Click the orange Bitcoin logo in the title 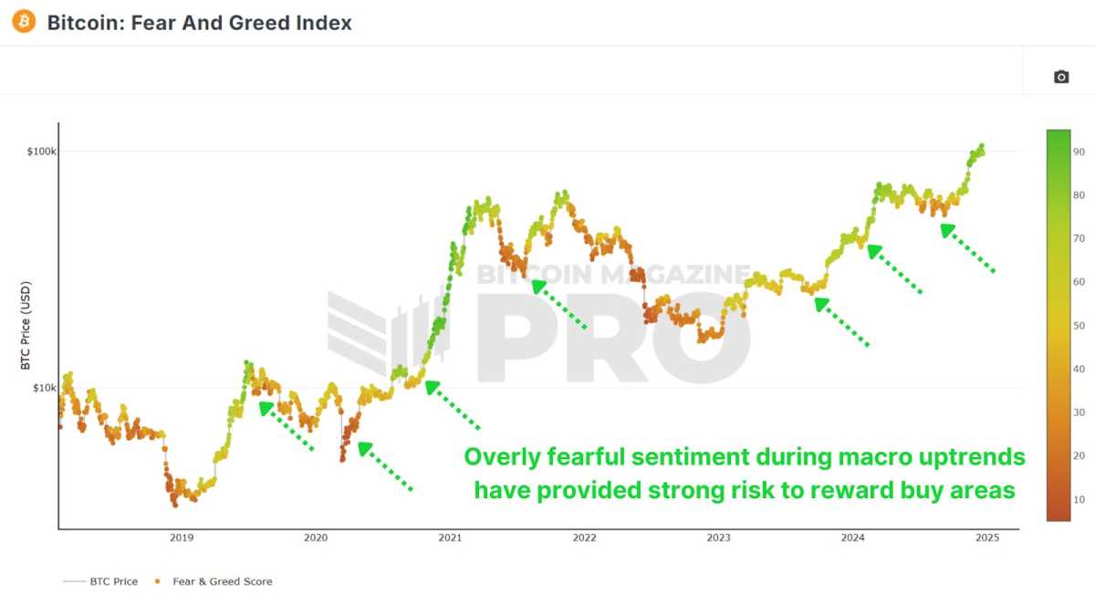point(24,22)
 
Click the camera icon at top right point(1060,77)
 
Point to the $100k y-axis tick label point(42,151)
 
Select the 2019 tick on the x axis point(181,538)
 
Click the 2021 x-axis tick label point(450,538)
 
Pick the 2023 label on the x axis point(718,538)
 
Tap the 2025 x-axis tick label point(986,538)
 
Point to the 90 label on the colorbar point(1079,152)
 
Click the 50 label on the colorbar point(1079,326)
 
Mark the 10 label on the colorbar point(1079,499)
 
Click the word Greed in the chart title point(263,23)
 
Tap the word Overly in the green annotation point(501,456)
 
